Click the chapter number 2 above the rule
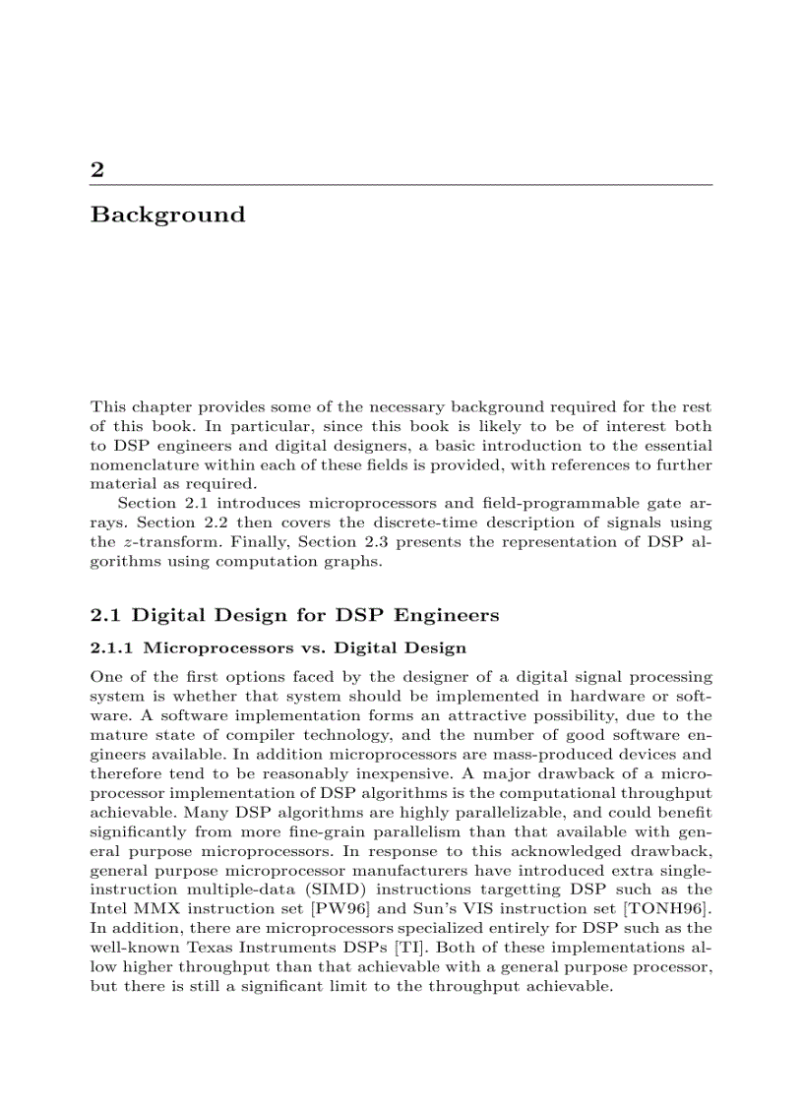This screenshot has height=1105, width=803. point(96,169)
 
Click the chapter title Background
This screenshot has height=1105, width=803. point(167,215)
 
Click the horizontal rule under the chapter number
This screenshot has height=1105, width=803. point(401,185)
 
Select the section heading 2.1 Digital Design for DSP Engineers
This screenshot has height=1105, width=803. point(294,616)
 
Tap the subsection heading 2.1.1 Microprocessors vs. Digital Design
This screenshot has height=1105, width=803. point(278,648)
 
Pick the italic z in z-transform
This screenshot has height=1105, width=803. point(124,542)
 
